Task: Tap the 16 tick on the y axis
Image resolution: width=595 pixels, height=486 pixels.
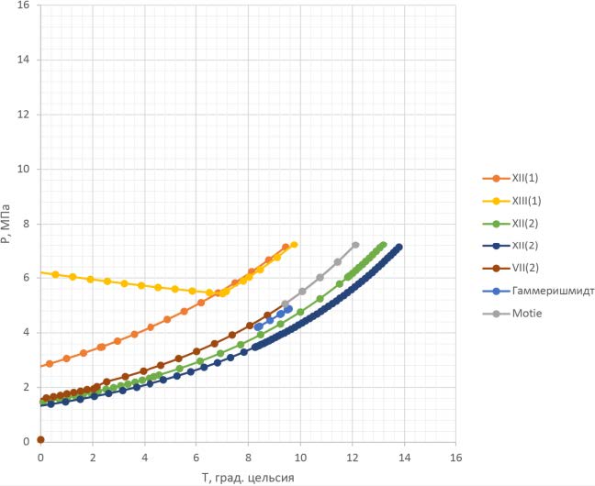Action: [x=26, y=6]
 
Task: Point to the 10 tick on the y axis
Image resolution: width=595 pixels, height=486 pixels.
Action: [x=26, y=169]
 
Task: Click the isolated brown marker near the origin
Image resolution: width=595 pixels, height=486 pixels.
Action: [x=40, y=440]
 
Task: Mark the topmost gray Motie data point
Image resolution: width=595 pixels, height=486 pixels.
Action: [x=355, y=245]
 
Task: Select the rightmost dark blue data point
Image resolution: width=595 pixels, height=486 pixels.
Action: [x=399, y=247]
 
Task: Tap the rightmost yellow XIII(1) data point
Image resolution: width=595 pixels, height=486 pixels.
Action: [x=294, y=245]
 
